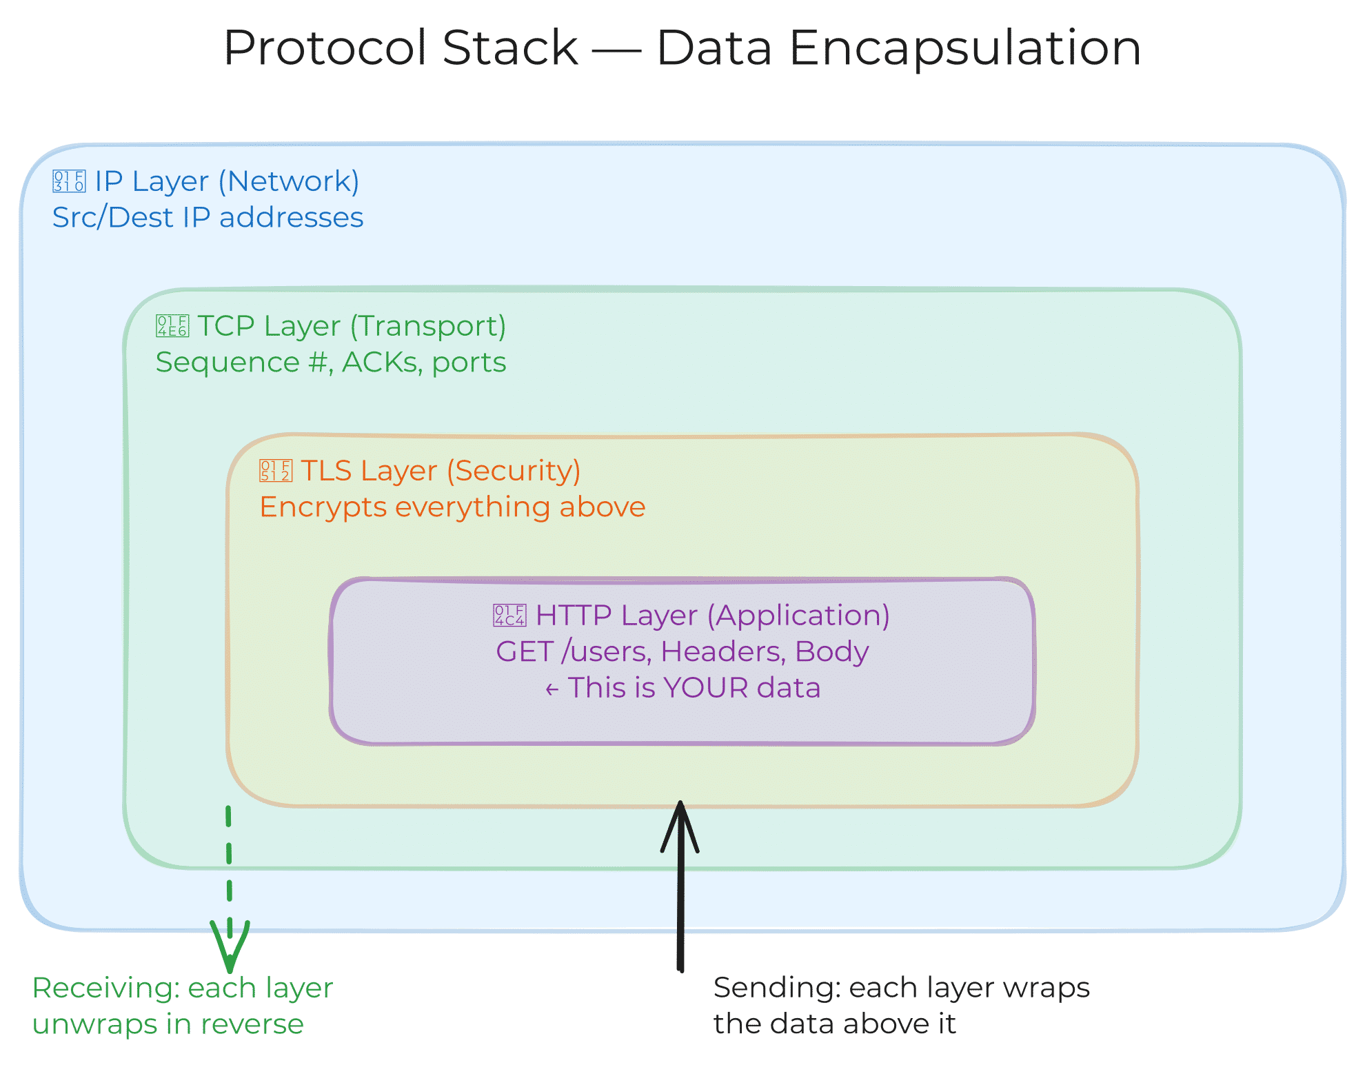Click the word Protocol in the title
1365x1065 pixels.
(401, 48)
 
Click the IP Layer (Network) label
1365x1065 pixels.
(227, 182)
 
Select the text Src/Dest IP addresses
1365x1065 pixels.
(208, 218)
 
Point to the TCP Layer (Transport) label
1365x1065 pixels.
(352, 327)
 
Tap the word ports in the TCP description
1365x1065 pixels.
(469, 364)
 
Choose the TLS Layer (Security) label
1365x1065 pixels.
(441, 471)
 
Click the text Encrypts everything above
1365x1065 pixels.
(452, 507)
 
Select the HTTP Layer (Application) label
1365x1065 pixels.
(713, 616)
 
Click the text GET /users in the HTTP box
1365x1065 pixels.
(574, 652)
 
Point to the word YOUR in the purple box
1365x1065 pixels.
(706, 688)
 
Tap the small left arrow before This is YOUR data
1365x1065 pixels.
(552, 689)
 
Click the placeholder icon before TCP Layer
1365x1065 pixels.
(172, 326)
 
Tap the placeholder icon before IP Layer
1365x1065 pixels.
(69, 181)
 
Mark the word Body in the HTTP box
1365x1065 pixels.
(832, 652)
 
